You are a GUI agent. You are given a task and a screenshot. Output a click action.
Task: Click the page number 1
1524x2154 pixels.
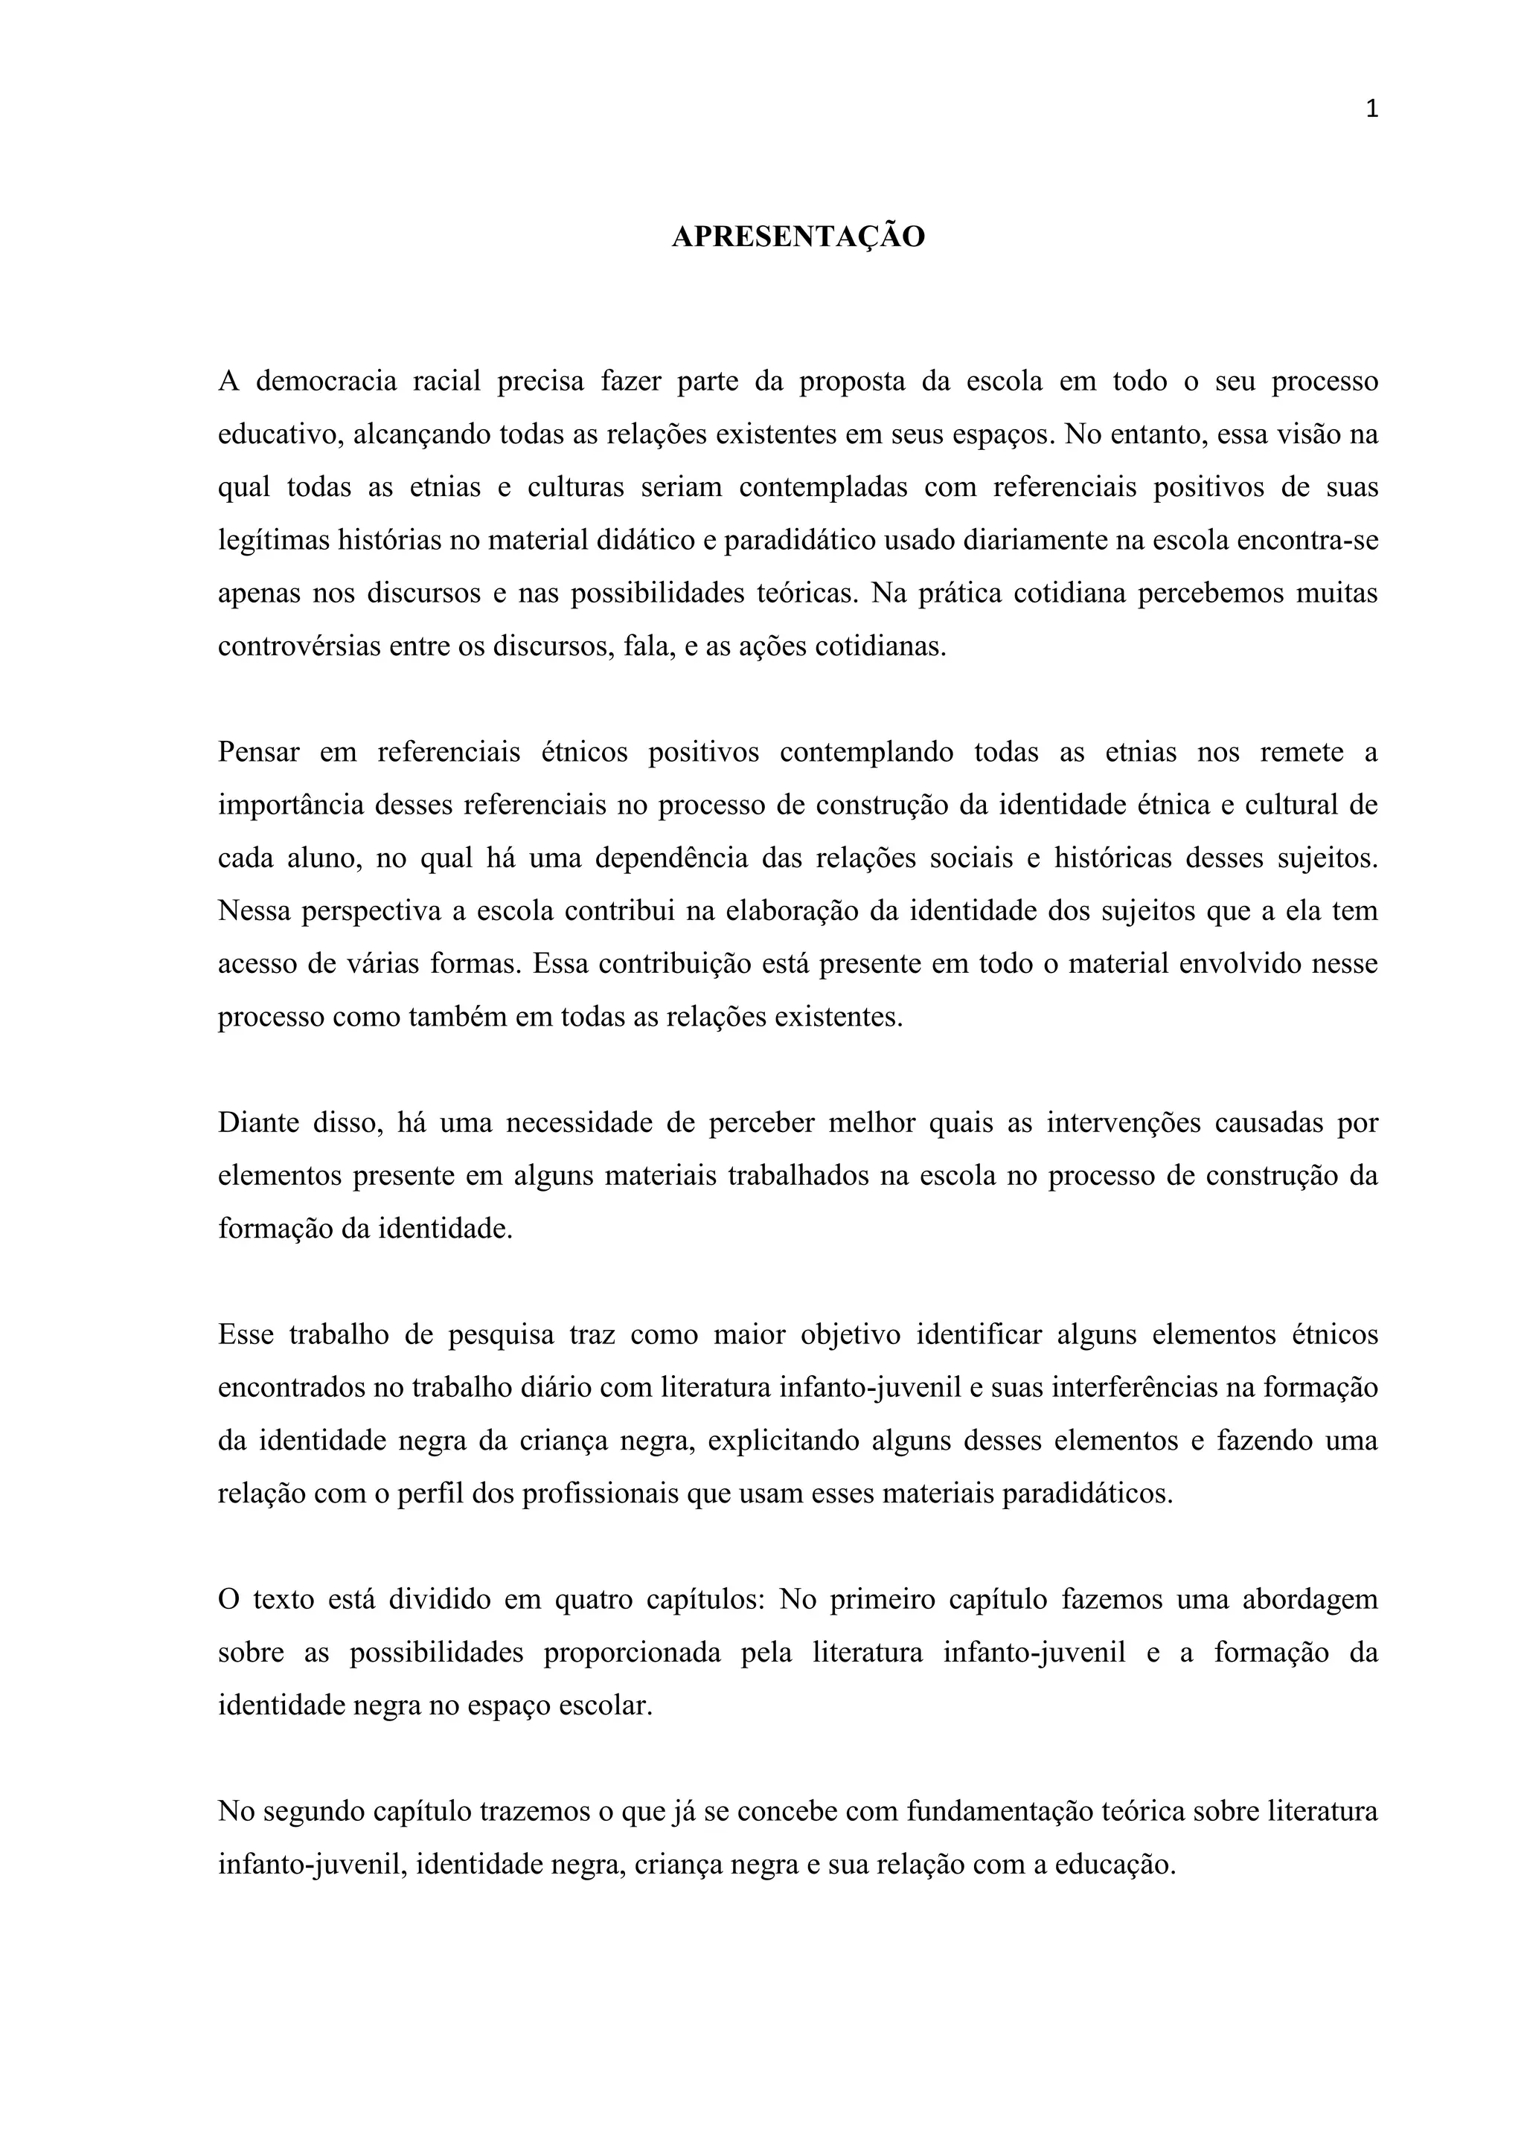pyautogui.click(x=1372, y=110)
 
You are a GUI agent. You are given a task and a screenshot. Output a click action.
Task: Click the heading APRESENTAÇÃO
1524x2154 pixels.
pyautogui.click(x=798, y=237)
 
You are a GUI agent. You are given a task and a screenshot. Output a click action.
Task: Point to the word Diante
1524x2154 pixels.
pyautogui.click(x=255, y=1123)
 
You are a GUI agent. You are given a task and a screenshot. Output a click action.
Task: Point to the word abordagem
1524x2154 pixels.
pyautogui.click(x=1310, y=1600)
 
